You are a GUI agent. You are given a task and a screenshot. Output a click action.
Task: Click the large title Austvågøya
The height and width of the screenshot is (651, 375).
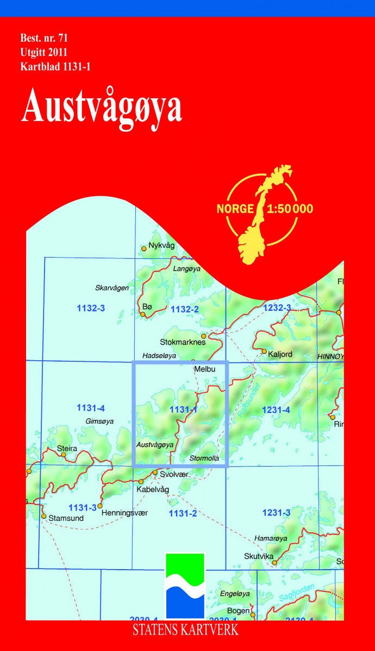102,106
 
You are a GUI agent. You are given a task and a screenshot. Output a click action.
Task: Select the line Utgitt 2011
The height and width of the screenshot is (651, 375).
43,53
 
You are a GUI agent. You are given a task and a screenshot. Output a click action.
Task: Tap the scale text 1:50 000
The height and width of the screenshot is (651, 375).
290,209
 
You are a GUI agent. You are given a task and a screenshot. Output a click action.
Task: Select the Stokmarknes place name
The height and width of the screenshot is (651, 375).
183,342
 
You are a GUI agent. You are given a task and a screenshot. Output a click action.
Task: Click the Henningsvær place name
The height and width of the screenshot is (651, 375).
124,513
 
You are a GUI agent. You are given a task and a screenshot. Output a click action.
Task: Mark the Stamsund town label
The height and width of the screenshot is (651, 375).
65,518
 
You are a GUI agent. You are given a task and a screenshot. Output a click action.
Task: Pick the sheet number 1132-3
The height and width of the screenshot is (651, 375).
90,308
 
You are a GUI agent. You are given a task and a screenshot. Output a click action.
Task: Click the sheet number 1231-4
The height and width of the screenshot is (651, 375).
276,410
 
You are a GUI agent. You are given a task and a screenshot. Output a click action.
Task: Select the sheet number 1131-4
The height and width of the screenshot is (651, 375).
90,407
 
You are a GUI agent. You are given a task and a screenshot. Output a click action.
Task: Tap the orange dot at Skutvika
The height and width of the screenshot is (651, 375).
274,563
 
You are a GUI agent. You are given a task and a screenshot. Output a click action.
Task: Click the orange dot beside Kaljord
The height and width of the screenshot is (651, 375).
264,352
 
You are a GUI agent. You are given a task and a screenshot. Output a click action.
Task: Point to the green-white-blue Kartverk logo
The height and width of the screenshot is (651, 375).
185,585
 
